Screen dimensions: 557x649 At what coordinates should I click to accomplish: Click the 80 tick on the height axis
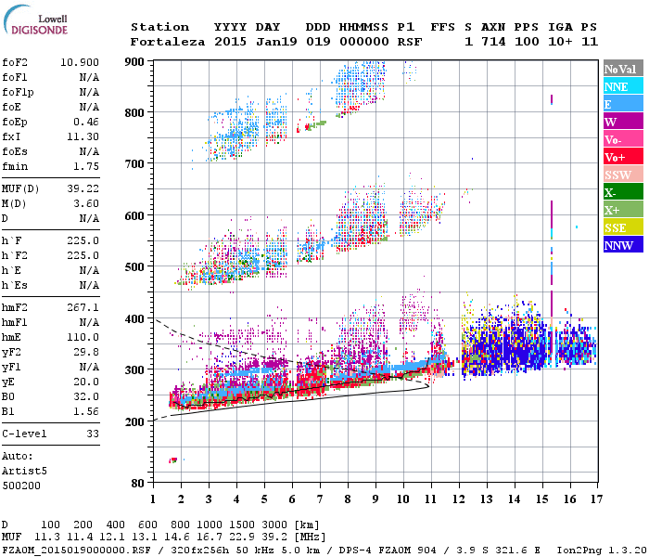(x=137, y=483)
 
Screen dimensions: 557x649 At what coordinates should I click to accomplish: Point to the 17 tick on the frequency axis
(x=594, y=499)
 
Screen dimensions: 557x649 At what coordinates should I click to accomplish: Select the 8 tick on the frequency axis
(x=348, y=499)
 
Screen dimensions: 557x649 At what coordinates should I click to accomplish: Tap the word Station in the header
(x=159, y=27)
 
